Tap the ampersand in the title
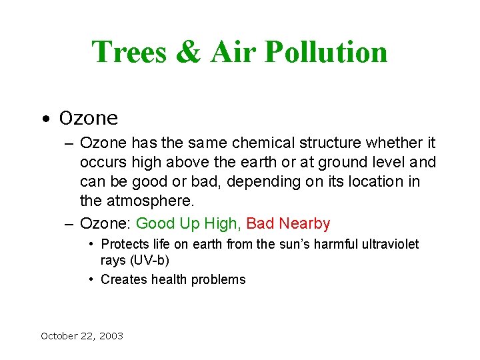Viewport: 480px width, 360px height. point(189,53)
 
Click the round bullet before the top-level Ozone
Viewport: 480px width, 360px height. point(44,120)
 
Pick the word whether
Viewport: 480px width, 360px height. point(399,143)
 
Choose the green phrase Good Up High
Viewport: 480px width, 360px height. point(189,223)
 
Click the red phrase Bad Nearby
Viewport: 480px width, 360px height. point(288,223)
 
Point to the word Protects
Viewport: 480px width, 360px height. point(125,245)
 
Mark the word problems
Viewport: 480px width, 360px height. point(219,280)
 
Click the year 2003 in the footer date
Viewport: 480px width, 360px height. point(111,336)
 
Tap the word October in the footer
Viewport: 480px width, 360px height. point(60,336)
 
